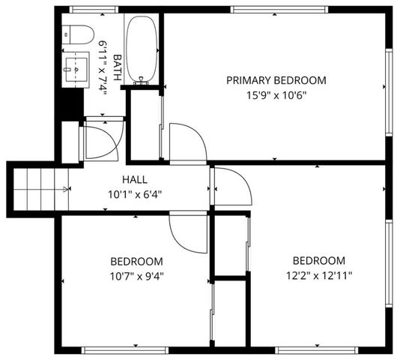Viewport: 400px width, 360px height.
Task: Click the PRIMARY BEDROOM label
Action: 276,80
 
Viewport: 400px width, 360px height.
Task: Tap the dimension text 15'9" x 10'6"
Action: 276,95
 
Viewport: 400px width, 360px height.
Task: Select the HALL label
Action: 135,180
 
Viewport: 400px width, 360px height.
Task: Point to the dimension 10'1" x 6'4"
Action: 135,194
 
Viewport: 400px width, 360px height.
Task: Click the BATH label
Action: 117,67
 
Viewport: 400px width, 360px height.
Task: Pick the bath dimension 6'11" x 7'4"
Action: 103,67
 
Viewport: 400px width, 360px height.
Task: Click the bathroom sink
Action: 76,69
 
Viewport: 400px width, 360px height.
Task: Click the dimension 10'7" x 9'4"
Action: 137,275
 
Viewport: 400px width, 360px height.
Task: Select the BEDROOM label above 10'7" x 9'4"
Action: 137,261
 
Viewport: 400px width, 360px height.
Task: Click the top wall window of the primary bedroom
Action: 279,10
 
